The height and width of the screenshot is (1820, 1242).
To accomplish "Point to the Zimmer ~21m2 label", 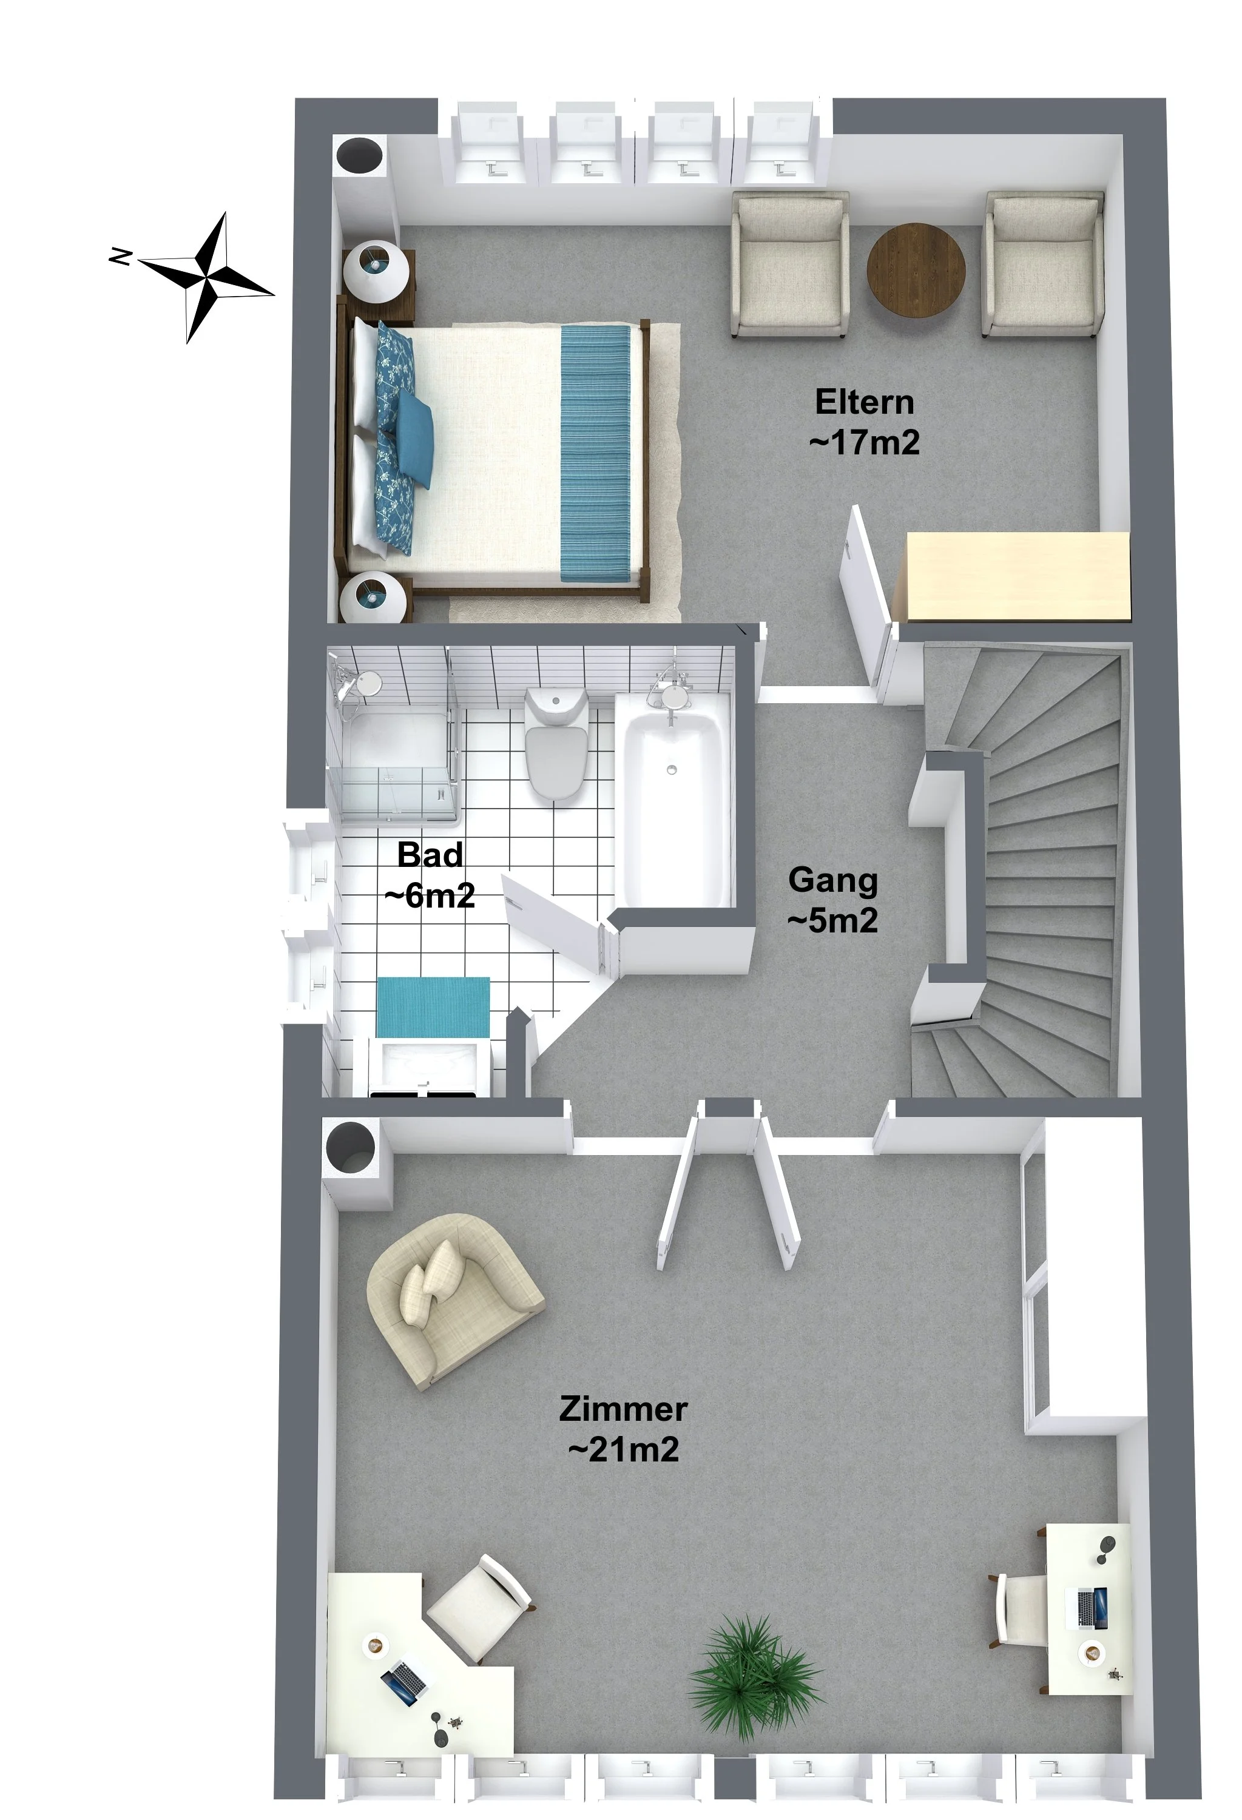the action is click(x=623, y=1429).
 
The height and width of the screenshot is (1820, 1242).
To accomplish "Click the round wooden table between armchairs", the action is click(x=916, y=269).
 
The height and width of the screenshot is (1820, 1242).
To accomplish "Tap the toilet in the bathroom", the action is click(x=556, y=743).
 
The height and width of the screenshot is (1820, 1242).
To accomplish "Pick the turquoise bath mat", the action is click(x=433, y=1007).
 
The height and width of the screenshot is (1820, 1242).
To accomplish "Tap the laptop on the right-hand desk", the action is click(x=1092, y=1608).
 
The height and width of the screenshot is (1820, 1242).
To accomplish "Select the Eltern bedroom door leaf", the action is click(x=865, y=599).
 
